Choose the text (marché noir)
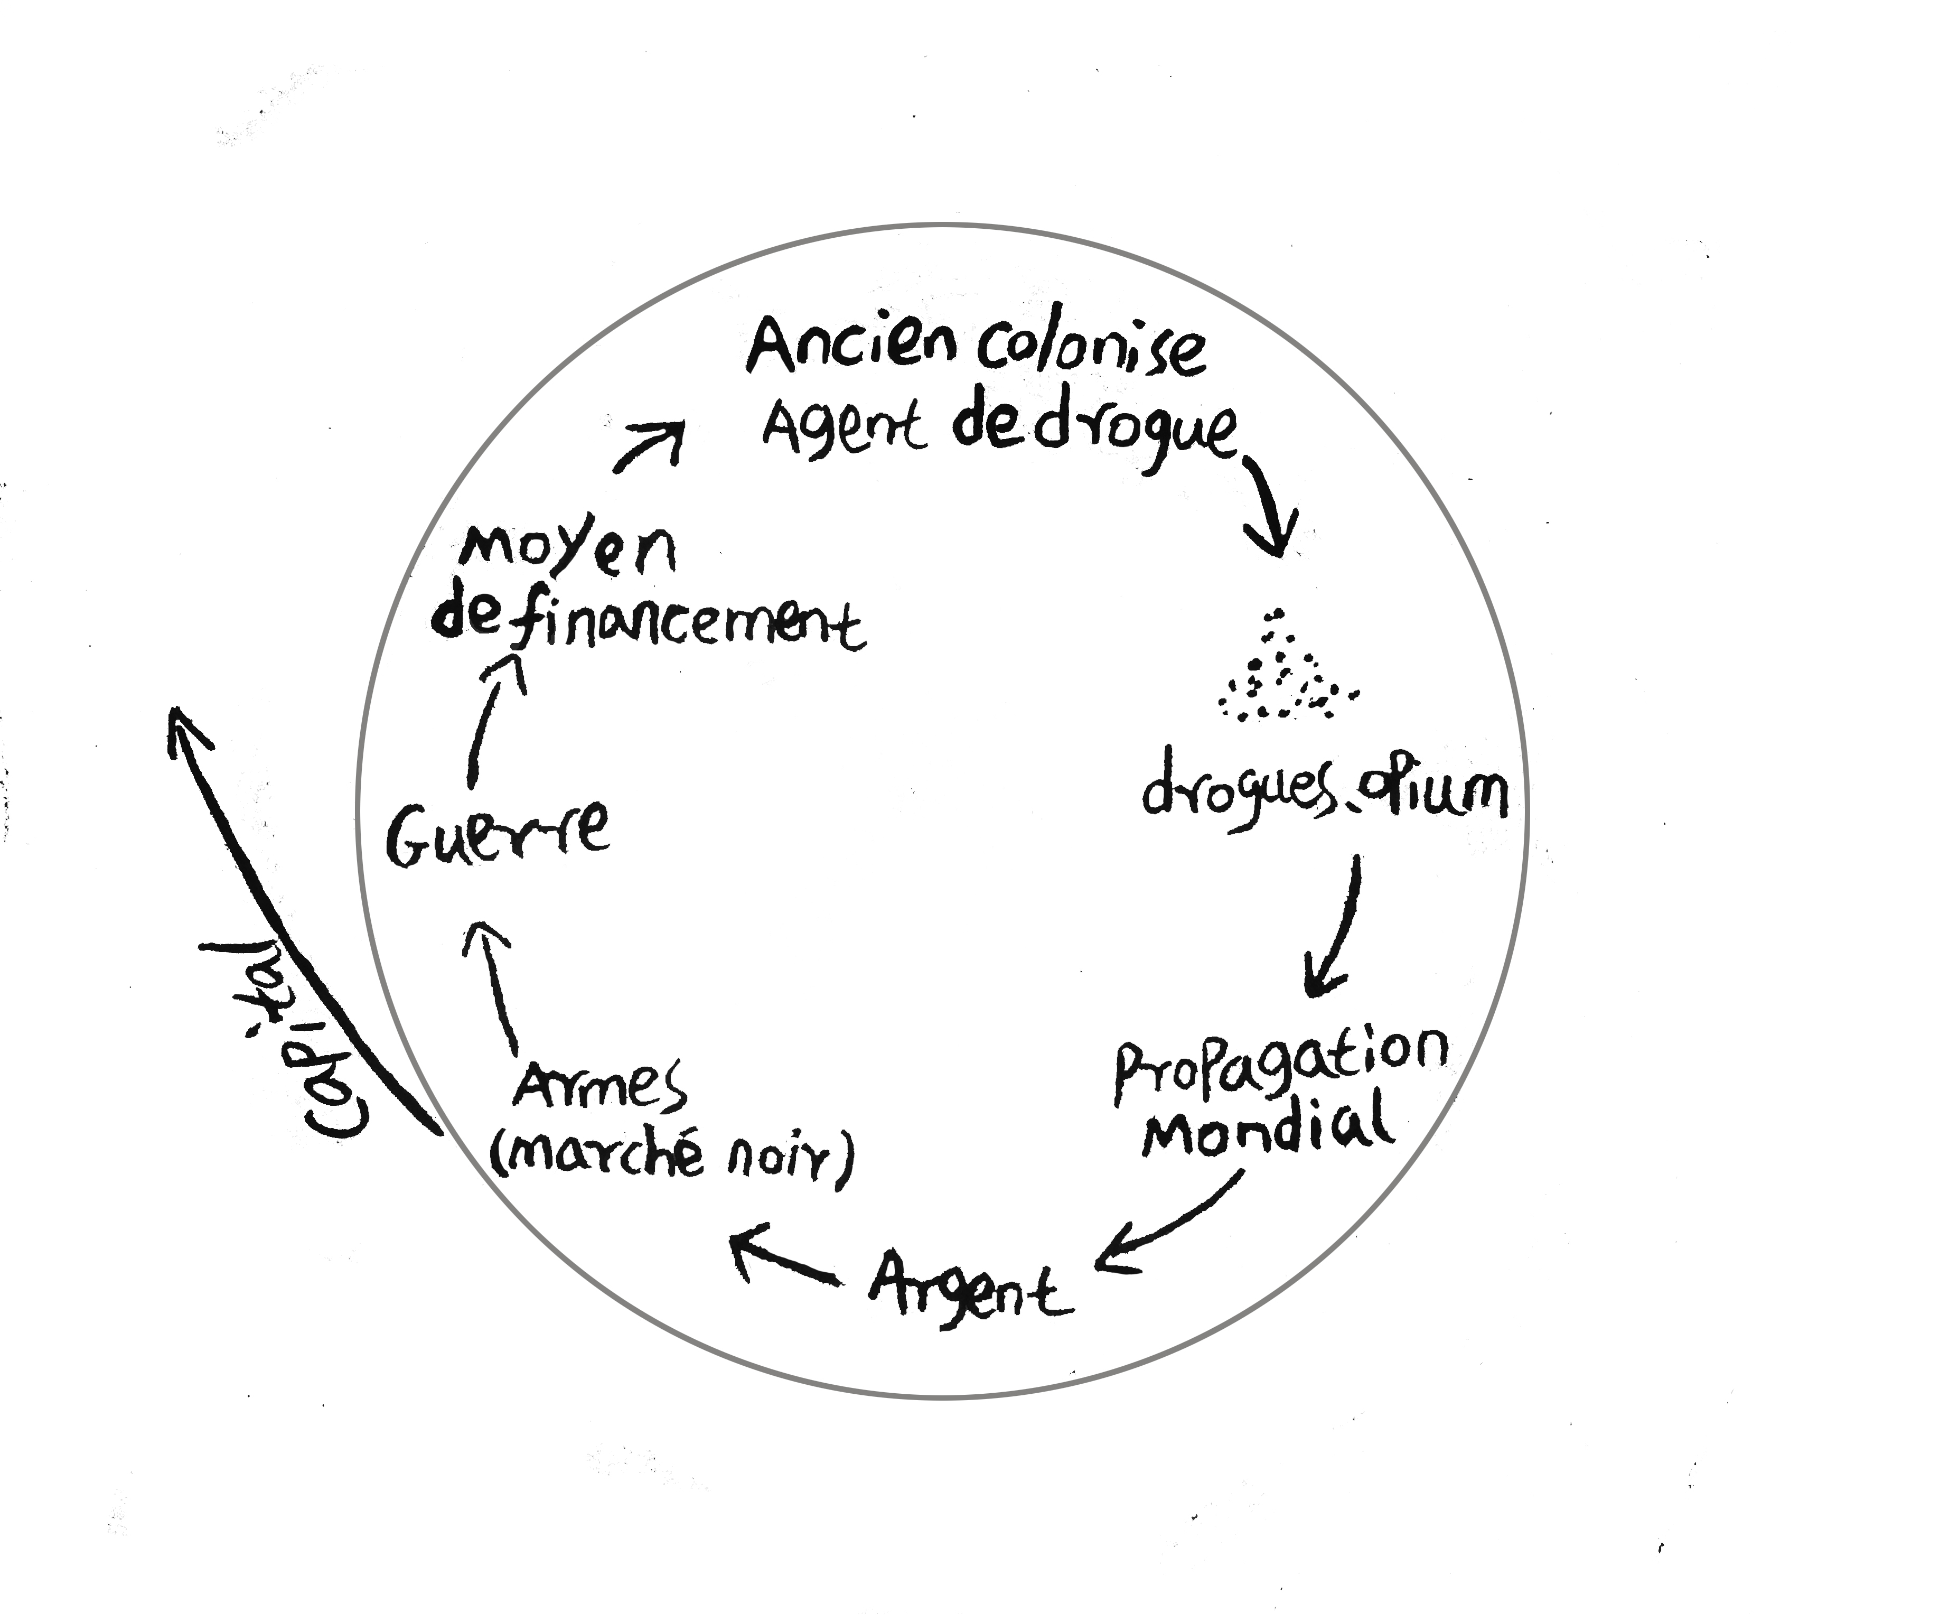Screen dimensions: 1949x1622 coord(670,1158)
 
